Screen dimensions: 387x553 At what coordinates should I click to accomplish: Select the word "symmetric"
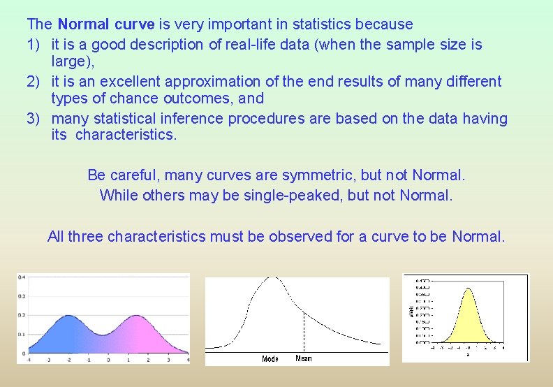[x=330, y=174]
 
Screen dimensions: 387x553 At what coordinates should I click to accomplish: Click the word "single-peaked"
[x=293, y=195]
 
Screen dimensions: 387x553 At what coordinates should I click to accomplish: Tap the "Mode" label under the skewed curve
[x=270, y=358]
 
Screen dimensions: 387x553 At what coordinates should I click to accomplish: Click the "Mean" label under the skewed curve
[x=304, y=358]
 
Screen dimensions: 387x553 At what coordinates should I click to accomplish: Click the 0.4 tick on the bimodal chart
[x=22, y=277]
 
